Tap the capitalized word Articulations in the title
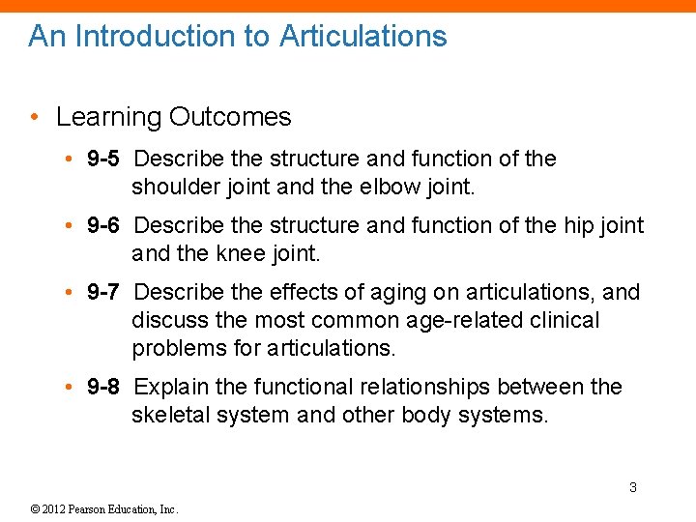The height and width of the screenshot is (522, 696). [x=362, y=37]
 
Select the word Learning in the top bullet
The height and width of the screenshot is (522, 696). [x=108, y=118]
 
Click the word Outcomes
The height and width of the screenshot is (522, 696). [x=229, y=118]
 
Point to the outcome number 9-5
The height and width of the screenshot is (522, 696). [x=103, y=159]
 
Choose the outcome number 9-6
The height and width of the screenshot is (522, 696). [x=103, y=226]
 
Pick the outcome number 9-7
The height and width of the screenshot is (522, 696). [x=103, y=293]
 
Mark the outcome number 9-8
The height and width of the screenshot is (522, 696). [x=103, y=388]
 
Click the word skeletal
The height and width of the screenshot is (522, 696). [x=169, y=415]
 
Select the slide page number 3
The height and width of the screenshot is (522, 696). [x=633, y=487]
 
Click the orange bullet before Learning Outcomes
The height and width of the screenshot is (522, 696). [x=34, y=118]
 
